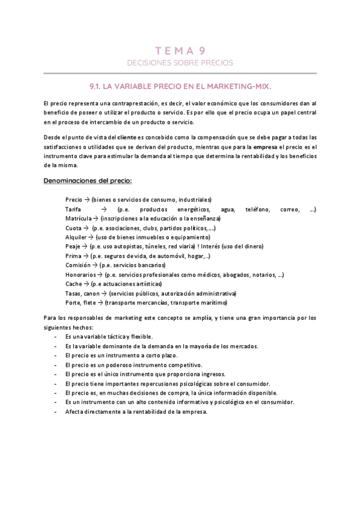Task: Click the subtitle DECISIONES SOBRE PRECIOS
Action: (180, 63)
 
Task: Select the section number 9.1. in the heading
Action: (96, 87)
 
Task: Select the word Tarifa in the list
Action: (73, 209)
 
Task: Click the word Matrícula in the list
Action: (78, 218)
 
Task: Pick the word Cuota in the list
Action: (74, 228)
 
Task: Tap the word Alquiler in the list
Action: (77, 237)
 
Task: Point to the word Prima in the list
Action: (73, 256)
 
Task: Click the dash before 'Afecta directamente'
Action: (56, 412)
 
